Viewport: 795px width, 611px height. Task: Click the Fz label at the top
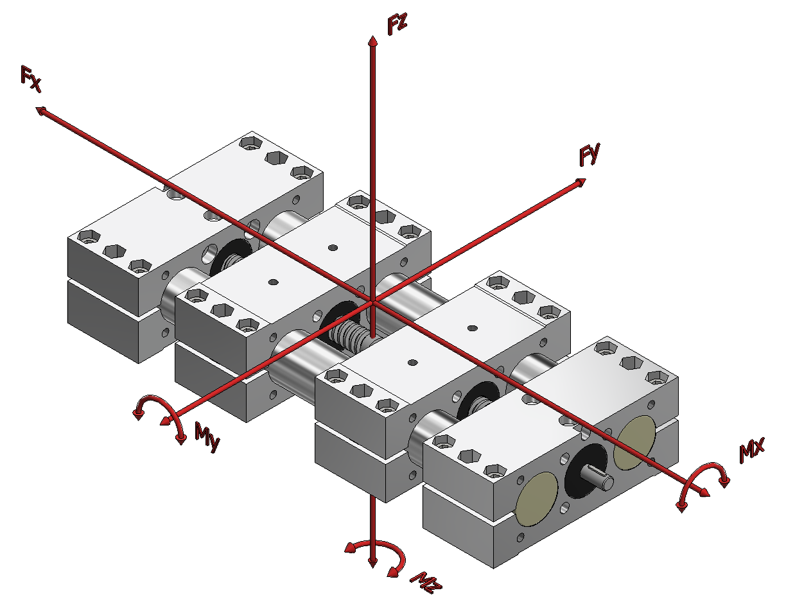(397, 24)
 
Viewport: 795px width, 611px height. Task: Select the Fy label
(590, 154)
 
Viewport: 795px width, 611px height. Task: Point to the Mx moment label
(752, 450)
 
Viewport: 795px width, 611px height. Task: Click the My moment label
(207, 437)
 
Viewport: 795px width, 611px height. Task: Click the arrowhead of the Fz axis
(372, 40)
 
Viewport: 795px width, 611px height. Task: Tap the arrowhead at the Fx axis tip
(40, 110)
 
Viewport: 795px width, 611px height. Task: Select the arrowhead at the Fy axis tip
(581, 182)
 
